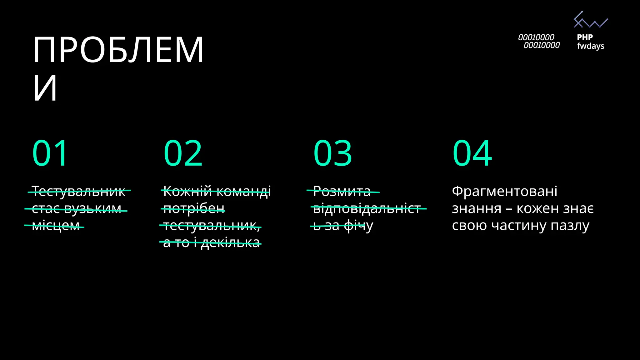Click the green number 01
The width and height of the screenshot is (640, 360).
[x=50, y=153]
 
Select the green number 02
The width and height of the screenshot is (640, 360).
[x=183, y=153]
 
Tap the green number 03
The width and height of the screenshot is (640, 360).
[x=333, y=153]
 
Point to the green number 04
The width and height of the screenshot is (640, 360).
[x=472, y=153]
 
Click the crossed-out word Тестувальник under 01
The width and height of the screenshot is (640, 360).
[x=78, y=191]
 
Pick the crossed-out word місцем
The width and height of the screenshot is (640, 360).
[x=56, y=226]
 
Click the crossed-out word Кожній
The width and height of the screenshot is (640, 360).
[x=187, y=191]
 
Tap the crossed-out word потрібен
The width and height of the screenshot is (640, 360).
[x=194, y=209]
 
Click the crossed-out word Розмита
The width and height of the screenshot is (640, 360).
[x=342, y=191]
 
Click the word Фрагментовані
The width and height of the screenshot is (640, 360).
[x=504, y=191]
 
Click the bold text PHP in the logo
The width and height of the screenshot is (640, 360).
[x=585, y=37]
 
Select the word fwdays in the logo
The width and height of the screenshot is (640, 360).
[x=591, y=46]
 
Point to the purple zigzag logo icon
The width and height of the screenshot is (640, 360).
[x=591, y=20]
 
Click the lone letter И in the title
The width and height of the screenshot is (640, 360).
[x=45, y=88]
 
